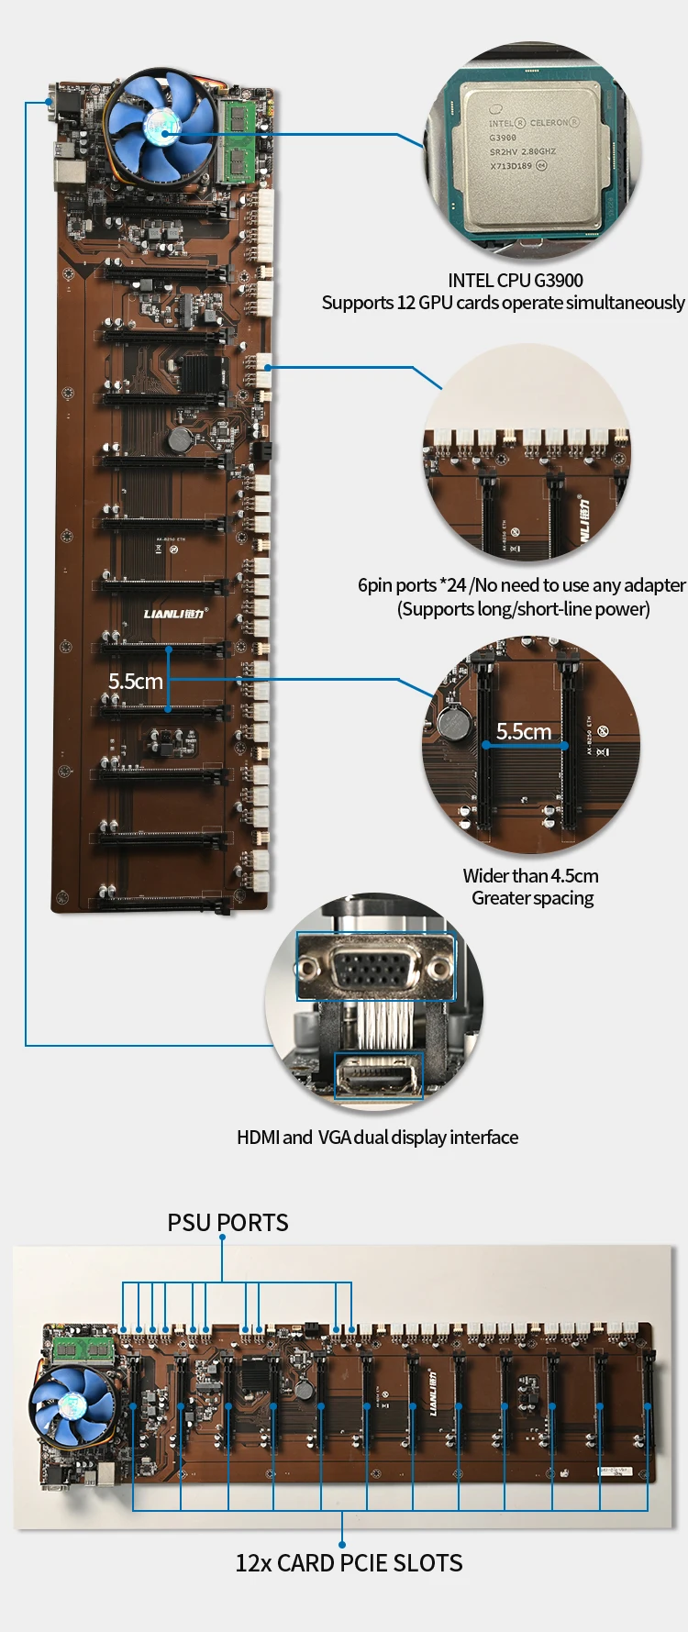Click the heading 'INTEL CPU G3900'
(x=515, y=281)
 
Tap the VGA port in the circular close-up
(x=375, y=966)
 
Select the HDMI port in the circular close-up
(x=378, y=1075)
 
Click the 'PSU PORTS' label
(x=227, y=1223)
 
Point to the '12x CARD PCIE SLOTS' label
(x=349, y=1563)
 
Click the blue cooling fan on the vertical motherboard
(x=161, y=128)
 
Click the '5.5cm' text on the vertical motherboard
(x=135, y=682)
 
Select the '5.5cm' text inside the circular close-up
(x=524, y=731)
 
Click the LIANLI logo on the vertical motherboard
(x=174, y=614)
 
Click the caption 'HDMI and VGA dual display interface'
(x=377, y=1138)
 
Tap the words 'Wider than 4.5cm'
(x=530, y=876)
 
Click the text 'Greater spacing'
(x=532, y=898)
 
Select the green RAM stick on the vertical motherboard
(x=239, y=140)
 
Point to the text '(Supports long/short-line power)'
(x=523, y=609)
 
